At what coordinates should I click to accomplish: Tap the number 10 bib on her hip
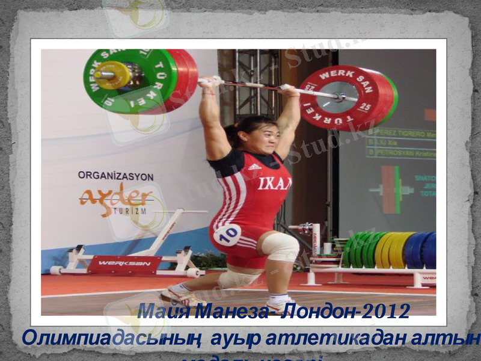227,234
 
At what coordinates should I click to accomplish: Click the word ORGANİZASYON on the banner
115,176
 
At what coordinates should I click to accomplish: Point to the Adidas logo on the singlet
254,167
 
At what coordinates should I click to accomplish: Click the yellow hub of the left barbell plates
112,75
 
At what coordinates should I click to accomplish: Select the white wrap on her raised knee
280,247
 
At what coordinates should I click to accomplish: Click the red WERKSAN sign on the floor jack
125,263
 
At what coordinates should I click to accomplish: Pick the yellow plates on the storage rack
394,250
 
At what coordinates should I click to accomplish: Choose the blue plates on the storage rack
421,250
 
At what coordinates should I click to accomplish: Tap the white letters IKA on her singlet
274,184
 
